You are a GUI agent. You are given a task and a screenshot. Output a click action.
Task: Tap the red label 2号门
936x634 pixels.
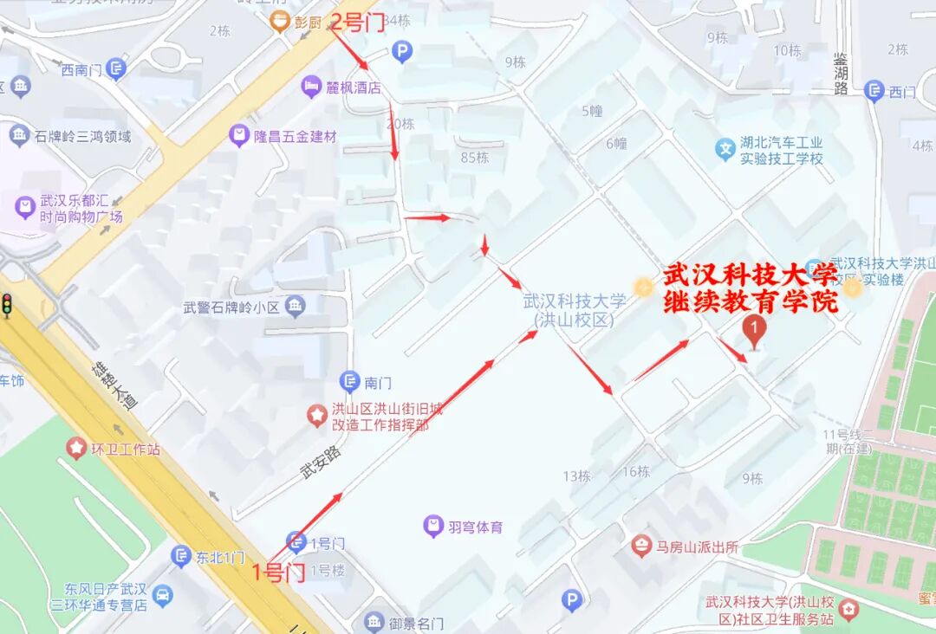click(x=356, y=23)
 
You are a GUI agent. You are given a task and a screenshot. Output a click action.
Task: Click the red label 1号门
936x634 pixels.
click(x=278, y=572)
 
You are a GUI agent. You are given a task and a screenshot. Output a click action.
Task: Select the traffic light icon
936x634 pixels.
click(x=8, y=306)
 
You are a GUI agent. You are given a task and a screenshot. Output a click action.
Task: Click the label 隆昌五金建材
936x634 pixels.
click(x=295, y=136)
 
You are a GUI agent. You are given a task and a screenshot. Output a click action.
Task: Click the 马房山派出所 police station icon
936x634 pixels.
click(x=641, y=547)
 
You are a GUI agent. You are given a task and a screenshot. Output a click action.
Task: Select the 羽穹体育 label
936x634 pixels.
click(x=475, y=527)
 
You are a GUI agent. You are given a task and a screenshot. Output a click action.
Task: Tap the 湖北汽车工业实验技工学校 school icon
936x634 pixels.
click(x=725, y=150)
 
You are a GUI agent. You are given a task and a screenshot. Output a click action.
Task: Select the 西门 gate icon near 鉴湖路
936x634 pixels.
click(x=874, y=92)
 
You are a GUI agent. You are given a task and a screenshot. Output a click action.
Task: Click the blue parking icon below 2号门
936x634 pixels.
click(x=401, y=53)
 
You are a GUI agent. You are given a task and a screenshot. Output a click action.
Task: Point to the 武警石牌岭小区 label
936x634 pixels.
click(x=231, y=307)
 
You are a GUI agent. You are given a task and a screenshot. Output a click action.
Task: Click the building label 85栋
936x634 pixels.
click(x=475, y=158)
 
